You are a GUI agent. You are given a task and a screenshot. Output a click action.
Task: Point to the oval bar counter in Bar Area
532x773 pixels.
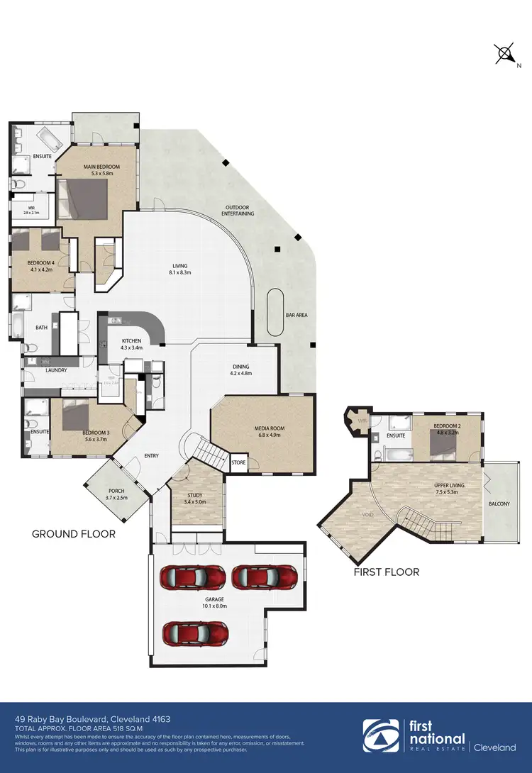point(274,315)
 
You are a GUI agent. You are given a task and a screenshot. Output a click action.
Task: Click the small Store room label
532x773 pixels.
point(238,463)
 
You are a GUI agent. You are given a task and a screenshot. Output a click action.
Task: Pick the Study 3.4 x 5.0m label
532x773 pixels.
point(196,499)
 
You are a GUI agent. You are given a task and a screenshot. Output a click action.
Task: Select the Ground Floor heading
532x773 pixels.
point(74,534)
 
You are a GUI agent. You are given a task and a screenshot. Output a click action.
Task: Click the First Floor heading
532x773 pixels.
point(386,572)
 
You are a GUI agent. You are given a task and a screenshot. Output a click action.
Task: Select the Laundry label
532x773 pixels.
point(45,370)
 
